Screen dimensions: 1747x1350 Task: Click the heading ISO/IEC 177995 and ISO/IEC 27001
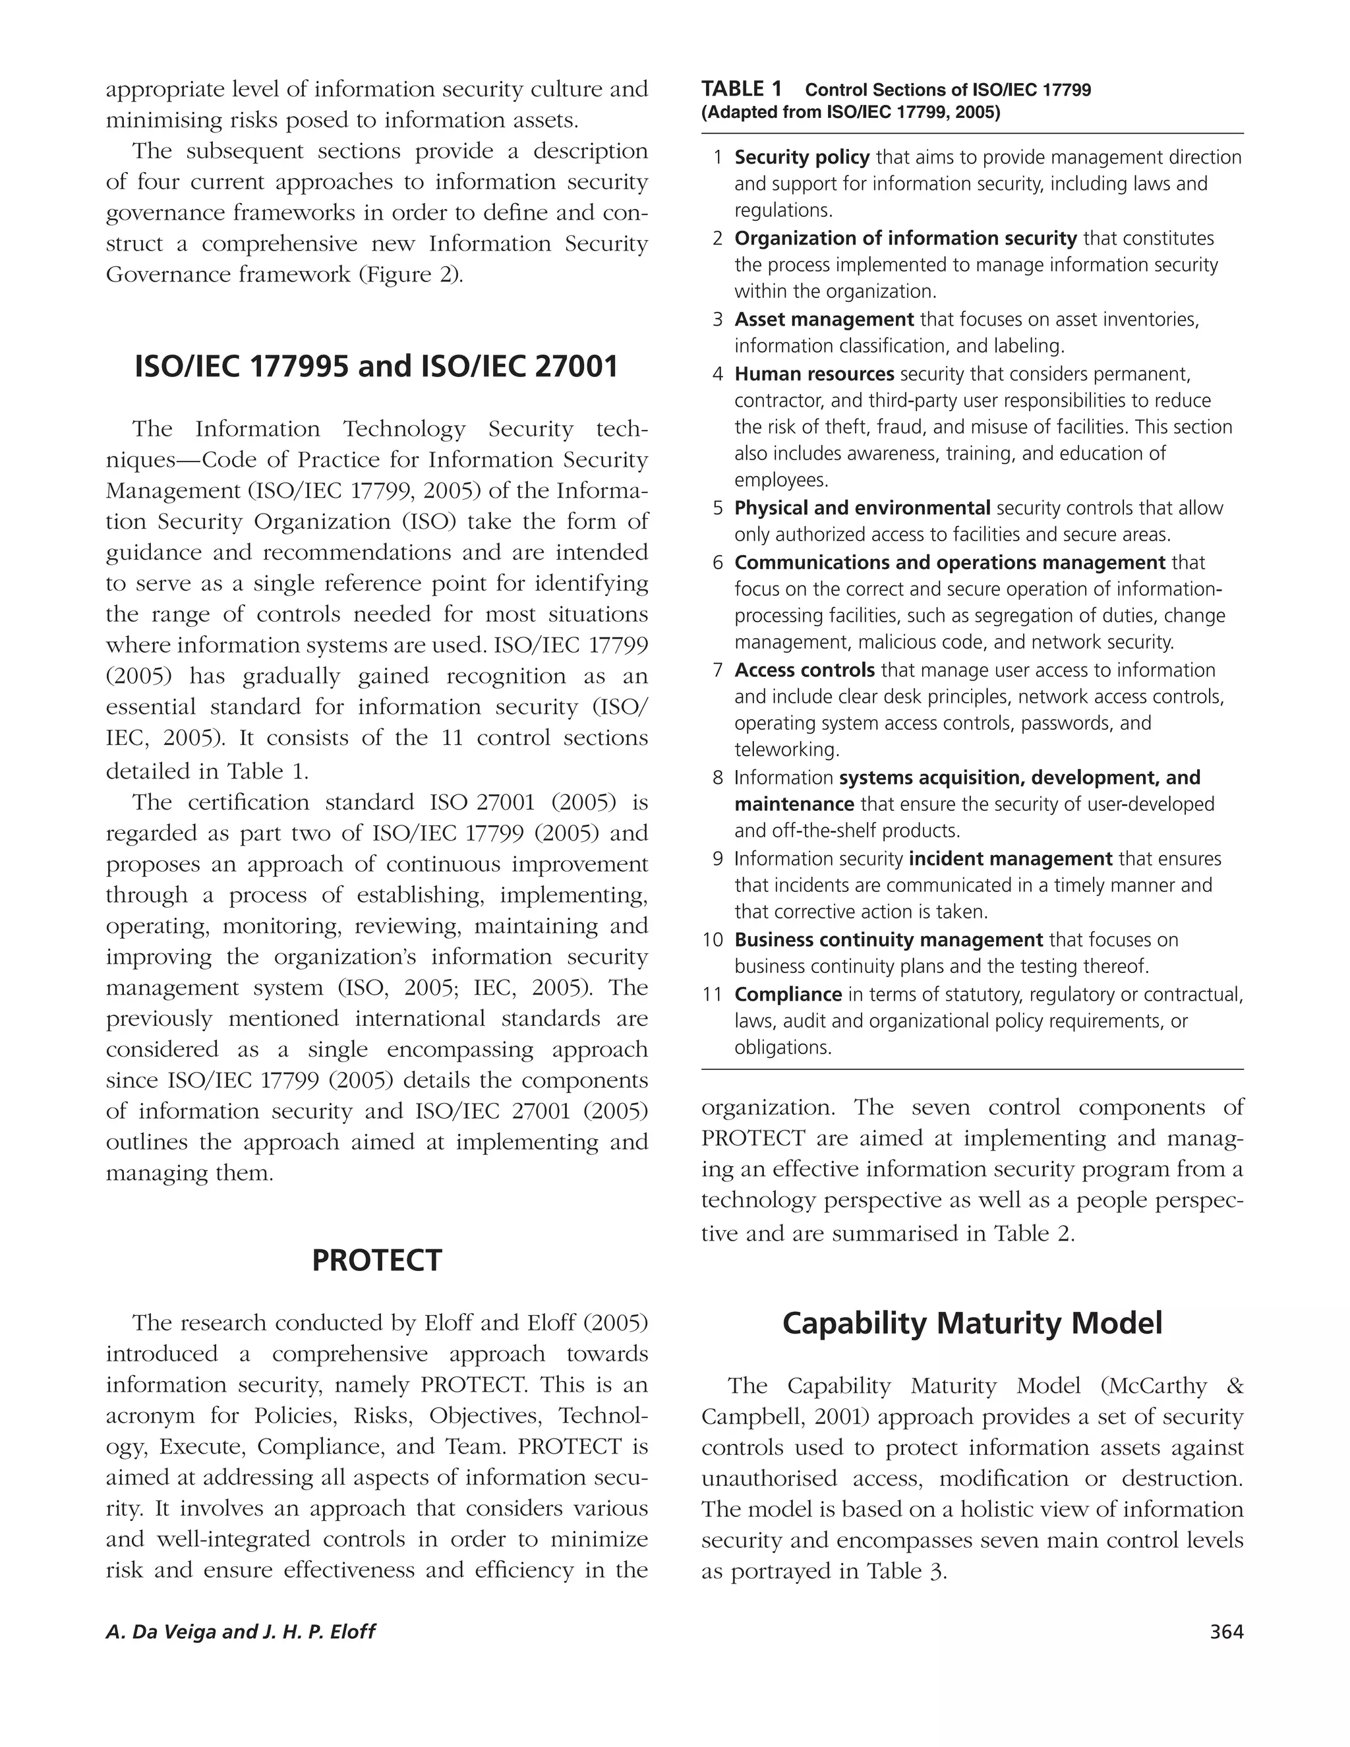376,367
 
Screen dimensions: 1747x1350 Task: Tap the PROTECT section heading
376,1260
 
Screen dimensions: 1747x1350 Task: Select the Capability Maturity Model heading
972,1324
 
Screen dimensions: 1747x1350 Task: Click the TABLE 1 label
742,89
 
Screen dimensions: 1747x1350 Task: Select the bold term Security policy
802,158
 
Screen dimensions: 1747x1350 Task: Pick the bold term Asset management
824,320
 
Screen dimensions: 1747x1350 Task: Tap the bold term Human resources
814,374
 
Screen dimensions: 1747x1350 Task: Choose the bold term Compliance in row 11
788,994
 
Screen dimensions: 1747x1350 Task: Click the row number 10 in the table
713,940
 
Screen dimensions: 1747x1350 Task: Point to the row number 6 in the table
717,563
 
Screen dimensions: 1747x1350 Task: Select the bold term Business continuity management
889,940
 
